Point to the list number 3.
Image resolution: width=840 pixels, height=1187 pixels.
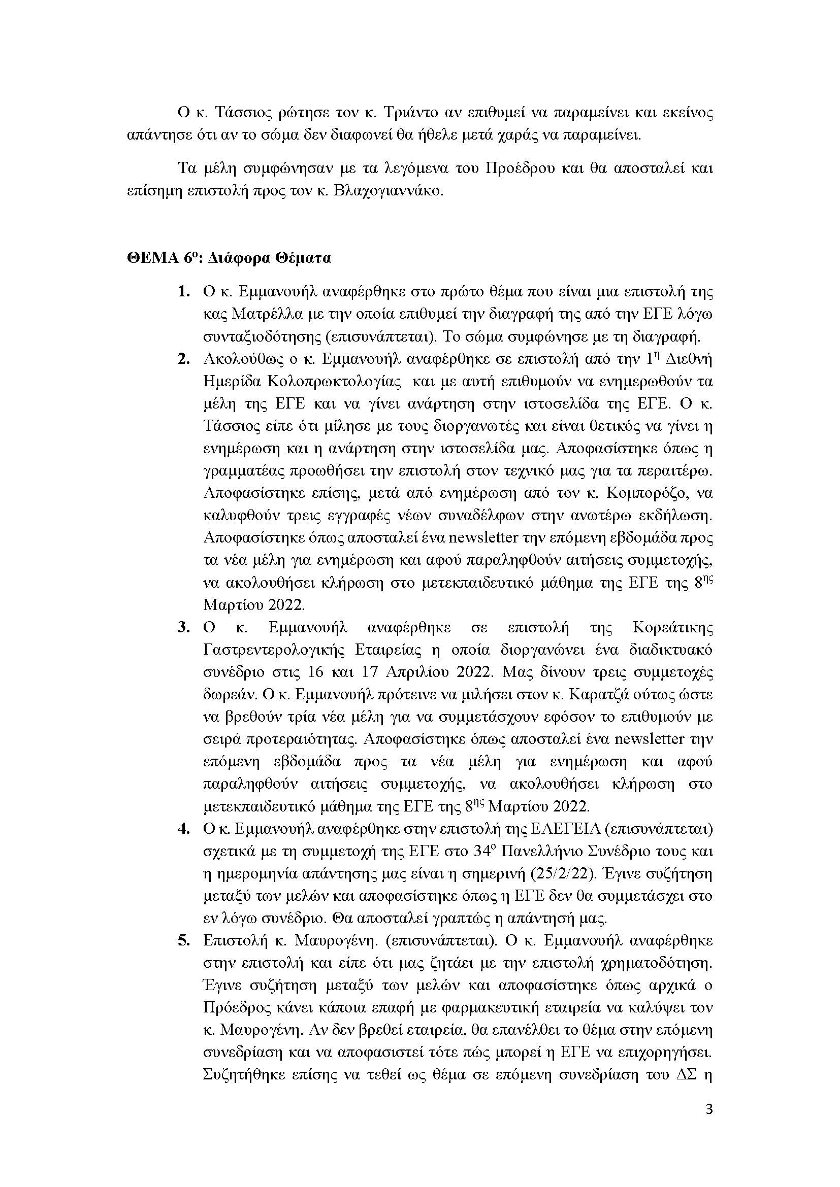tap(183, 628)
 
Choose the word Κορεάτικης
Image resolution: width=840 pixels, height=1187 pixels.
tap(672, 628)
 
